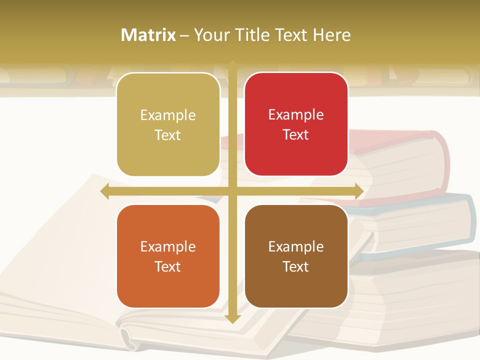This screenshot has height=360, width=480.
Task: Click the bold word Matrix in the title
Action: coord(148,34)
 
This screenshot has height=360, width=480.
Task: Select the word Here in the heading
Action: coord(331,34)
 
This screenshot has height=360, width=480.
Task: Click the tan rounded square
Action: coord(168,124)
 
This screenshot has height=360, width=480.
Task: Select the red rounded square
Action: coord(296,124)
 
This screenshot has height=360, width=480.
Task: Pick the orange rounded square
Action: coord(168,256)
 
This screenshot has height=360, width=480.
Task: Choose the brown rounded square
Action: coord(296,256)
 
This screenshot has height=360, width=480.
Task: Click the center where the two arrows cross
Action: coord(232,191)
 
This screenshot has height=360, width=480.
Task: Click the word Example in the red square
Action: coord(296,114)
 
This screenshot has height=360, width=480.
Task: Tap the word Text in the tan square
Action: coord(168,135)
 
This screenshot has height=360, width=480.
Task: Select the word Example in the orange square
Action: coord(168,246)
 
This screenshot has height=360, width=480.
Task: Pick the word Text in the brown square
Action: coord(296,267)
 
